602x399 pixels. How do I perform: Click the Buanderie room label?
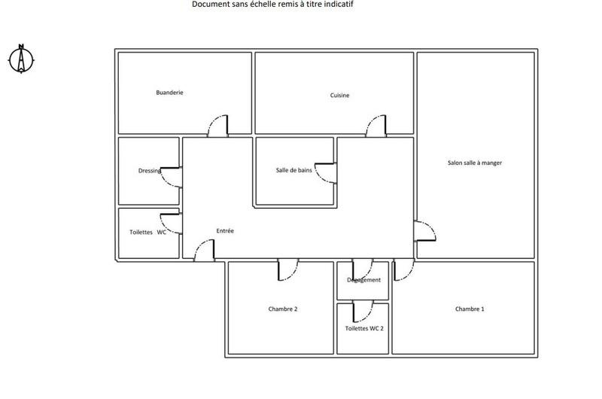[169, 93]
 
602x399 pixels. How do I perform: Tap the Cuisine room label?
[339, 96]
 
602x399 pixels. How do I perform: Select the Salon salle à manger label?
[475, 163]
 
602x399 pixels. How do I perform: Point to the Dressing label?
[150, 171]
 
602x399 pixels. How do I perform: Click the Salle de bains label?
[293, 170]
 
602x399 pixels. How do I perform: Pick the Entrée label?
[225, 231]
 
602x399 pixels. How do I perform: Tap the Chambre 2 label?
[283, 309]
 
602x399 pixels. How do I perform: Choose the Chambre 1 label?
[470, 309]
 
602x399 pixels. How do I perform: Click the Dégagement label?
[363, 280]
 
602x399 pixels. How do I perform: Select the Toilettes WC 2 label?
[364, 329]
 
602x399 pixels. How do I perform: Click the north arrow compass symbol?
[22, 59]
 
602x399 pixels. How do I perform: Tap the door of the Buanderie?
[218, 126]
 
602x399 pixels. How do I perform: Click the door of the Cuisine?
[376, 126]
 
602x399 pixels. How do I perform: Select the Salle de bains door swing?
[325, 173]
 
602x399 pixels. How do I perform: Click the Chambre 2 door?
[287, 270]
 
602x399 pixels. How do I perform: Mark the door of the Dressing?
[172, 176]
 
